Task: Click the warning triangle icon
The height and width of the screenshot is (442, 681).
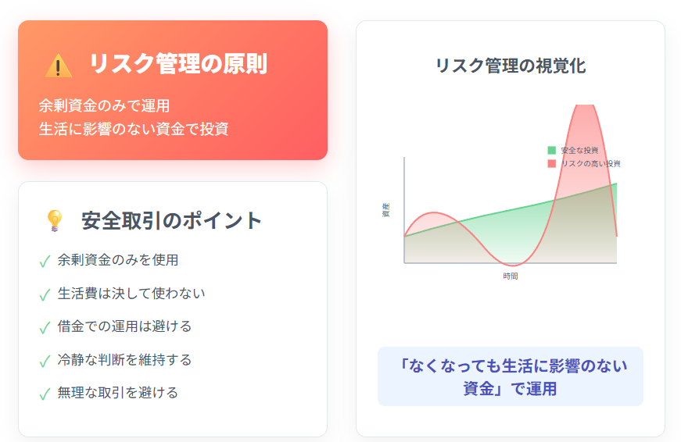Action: (x=58, y=66)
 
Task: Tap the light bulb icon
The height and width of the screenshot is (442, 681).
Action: (x=55, y=220)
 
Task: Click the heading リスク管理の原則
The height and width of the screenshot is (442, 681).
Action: (x=178, y=64)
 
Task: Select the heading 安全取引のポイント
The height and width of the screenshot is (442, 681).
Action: (x=171, y=220)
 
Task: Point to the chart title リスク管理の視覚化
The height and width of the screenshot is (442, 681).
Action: (x=511, y=66)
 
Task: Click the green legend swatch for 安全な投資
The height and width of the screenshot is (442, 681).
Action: (x=551, y=151)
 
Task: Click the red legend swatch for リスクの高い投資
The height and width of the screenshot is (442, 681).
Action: (x=551, y=163)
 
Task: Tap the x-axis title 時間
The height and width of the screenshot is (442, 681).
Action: (x=511, y=276)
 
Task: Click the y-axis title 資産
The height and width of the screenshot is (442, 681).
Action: (x=385, y=210)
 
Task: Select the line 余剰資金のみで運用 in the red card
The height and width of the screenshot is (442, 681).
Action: (x=104, y=105)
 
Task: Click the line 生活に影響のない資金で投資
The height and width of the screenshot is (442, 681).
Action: (x=134, y=129)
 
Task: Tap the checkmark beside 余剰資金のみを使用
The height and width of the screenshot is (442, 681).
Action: (x=45, y=261)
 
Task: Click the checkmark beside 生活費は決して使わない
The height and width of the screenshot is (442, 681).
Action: (x=45, y=295)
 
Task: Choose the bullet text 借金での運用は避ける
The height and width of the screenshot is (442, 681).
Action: (x=124, y=326)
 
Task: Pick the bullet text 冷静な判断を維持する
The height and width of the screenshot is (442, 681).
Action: (x=124, y=359)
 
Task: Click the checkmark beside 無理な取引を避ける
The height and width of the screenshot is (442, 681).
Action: (x=45, y=394)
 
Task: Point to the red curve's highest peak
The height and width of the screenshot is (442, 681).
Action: (x=585, y=105)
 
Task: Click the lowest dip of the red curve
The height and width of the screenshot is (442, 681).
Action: (x=513, y=265)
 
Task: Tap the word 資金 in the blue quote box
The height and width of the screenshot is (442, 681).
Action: (x=478, y=389)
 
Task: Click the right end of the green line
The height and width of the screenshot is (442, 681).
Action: (x=617, y=184)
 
